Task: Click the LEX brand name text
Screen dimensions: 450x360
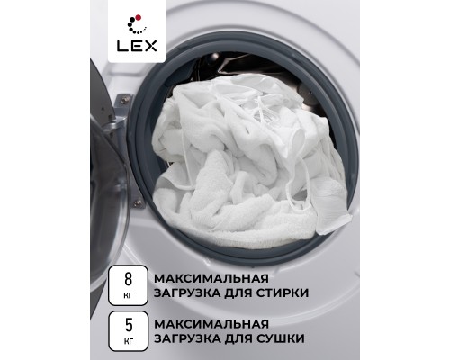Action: click(x=137, y=46)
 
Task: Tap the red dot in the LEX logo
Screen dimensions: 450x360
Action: click(x=139, y=17)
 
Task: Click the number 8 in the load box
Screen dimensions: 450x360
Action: click(x=128, y=279)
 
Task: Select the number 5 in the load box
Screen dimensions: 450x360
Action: click(x=129, y=325)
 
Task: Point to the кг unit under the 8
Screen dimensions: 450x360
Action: click(x=128, y=296)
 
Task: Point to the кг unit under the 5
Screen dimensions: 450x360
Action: click(x=128, y=341)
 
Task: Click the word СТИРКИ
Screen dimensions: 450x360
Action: click(x=283, y=292)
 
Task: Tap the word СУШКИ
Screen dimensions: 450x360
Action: click(x=281, y=338)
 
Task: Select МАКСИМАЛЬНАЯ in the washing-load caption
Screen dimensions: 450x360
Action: click(x=211, y=278)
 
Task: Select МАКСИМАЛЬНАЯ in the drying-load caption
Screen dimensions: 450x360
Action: click(x=211, y=324)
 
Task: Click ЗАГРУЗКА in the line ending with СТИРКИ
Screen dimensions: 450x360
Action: click(x=187, y=292)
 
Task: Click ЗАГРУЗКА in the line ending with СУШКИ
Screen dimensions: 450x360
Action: click(x=187, y=338)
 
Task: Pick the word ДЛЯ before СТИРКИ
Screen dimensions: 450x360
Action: click(x=238, y=293)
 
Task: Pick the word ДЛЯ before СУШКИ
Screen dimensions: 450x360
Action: click(x=238, y=338)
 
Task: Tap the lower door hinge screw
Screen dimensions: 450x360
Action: click(x=139, y=204)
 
